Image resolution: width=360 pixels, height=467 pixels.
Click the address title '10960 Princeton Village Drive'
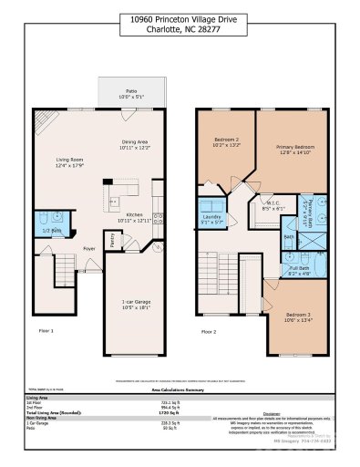[180, 18]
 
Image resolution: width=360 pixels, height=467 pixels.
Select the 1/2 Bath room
[45, 229]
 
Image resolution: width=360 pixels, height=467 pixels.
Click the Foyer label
[89, 247]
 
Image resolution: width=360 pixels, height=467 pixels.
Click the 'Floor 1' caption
[46, 331]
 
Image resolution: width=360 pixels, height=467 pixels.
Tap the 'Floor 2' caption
[210, 331]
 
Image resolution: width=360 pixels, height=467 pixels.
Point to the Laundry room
[212, 217]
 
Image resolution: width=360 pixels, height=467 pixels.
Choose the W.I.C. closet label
[271, 205]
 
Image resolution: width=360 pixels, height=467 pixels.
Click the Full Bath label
[299, 270]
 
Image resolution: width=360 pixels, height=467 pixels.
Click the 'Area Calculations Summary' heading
[180, 388]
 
